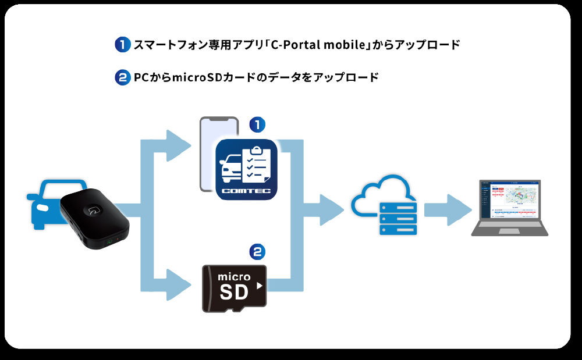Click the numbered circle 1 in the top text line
coord(122,45)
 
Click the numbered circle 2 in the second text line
coord(122,77)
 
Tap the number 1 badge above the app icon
coord(257,124)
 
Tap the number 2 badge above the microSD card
coord(257,251)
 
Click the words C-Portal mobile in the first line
coord(315,45)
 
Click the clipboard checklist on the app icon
coord(254,162)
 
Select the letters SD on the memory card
coord(234,292)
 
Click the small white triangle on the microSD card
coord(260,286)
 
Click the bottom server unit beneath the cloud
coord(398,230)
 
